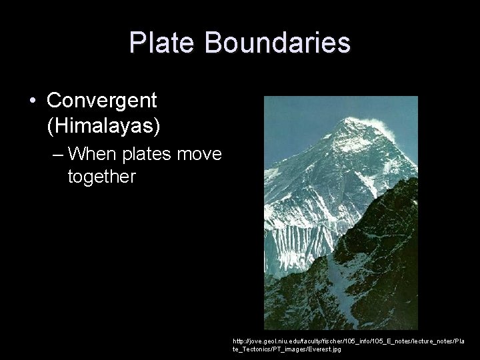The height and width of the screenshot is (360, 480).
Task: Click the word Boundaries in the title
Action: [x=277, y=43]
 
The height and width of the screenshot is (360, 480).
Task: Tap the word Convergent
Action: [x=102, y=101]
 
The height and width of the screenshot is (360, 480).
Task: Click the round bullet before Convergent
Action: [x=33, y=101]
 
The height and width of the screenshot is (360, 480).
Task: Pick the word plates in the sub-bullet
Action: [x=151, y=155]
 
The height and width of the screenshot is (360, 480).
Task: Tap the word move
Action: [x=200, y=155]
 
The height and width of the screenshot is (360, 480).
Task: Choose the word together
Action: [x=101, y=177]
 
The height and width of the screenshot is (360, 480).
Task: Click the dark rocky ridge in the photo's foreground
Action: [x=373, y=293]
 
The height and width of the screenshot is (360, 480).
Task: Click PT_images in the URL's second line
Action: [x=287, y=349]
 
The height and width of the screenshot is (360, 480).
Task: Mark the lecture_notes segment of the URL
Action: [x=433, y=341]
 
